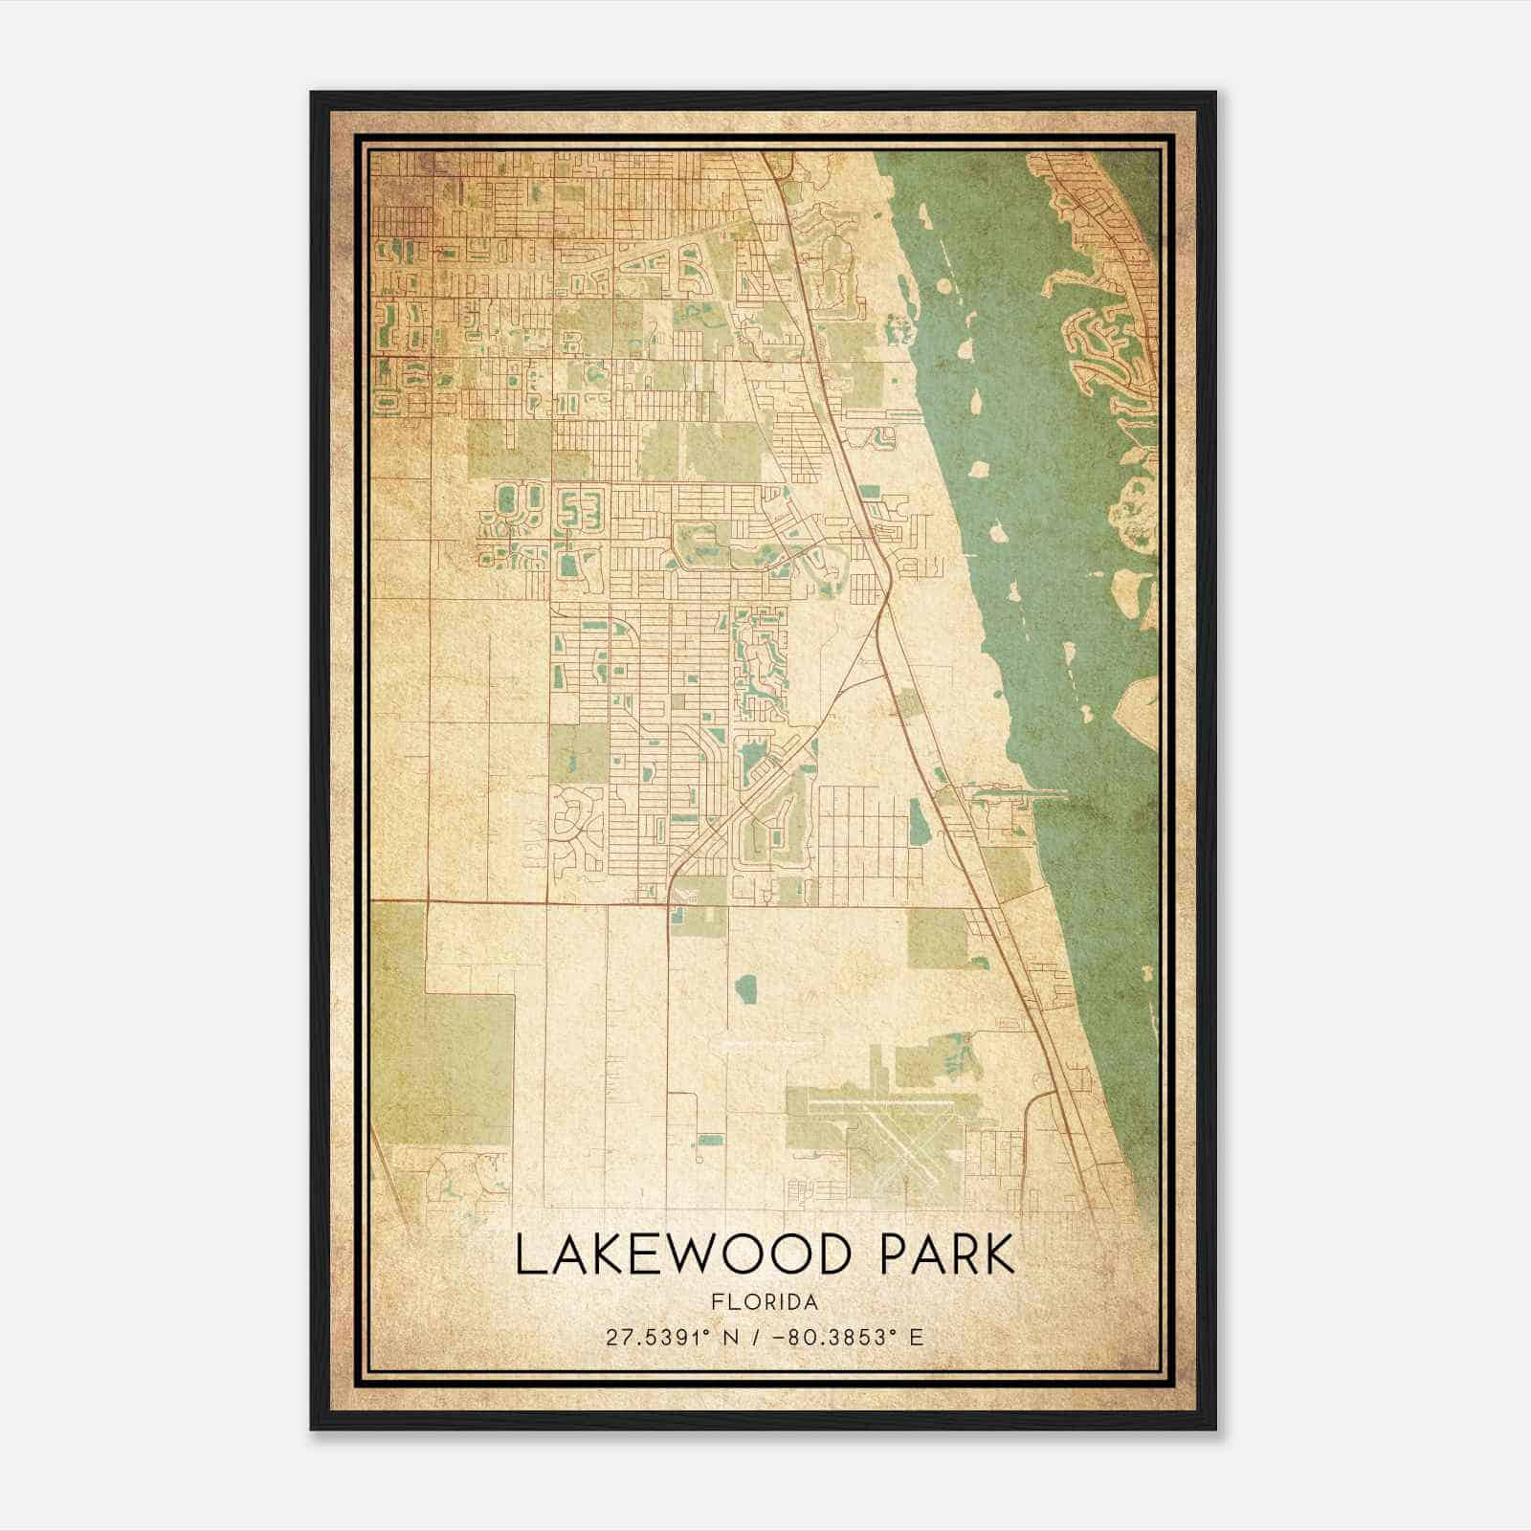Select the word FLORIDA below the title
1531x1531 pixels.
pos(765,1302)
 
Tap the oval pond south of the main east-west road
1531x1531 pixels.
pos(746,990)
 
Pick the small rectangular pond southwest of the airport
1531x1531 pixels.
pos(708,1140)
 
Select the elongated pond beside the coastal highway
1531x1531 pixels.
pos(916,816)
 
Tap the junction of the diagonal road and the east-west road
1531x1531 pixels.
pos(670,900)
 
